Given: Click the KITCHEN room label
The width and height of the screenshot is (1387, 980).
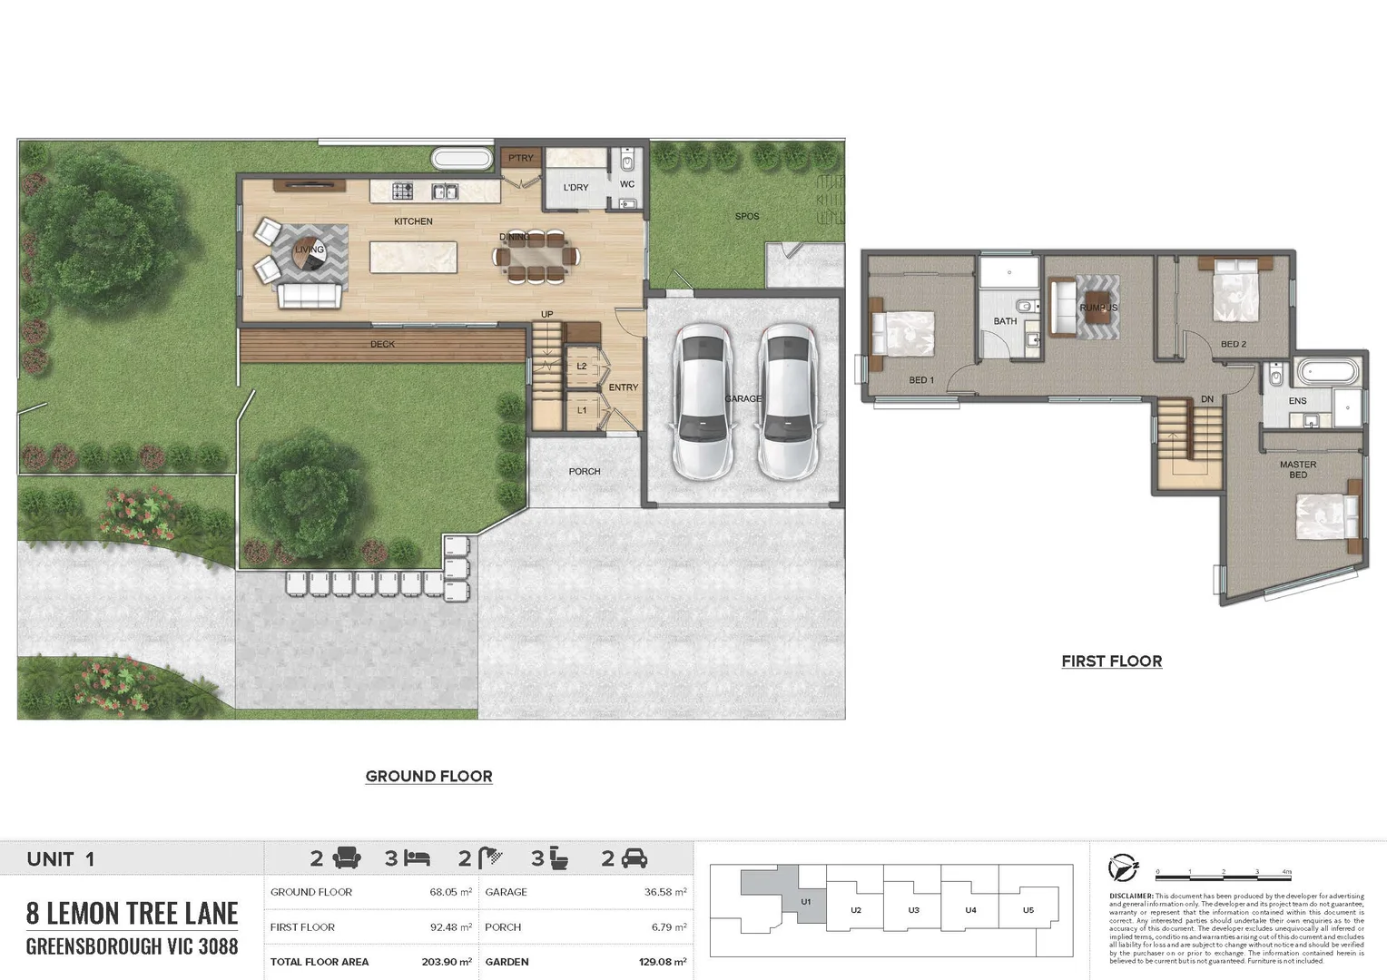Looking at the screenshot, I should coord(413,221).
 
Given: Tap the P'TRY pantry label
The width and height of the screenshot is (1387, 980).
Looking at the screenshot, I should coord(521,158).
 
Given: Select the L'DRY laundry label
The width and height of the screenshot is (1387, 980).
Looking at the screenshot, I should coord(575,188).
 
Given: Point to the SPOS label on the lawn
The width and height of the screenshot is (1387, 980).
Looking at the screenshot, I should coord(747,216).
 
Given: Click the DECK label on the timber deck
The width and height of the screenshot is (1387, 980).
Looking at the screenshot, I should coord(382,345).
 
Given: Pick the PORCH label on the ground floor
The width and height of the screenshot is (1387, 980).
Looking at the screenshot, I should coord(585,472).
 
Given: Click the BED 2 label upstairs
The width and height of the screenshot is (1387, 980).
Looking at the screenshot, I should coord(1233,345).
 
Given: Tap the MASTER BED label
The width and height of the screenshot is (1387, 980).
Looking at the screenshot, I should coord(1298,469).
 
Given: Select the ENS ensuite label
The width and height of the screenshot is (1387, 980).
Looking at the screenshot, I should coord(1297,401).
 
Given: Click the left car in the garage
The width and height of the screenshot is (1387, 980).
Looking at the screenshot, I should coord(702,401).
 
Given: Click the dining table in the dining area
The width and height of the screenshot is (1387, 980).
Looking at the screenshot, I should coord(536,257).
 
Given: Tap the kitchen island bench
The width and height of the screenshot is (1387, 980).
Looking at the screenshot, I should coord(413,257).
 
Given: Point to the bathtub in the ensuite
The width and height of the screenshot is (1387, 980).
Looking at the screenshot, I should coord(1329,372).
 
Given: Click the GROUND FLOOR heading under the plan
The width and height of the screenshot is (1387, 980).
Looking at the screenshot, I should coord(428,777).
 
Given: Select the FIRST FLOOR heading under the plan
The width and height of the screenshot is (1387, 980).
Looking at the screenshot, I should coord(1111,661).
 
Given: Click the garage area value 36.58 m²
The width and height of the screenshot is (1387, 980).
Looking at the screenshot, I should coord(664,892).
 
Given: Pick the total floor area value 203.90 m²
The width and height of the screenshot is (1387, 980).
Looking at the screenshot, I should coord(447,962).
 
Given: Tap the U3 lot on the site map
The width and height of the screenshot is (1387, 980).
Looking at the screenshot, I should coord(913,910).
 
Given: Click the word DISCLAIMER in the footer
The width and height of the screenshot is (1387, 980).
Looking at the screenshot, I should coord(1131,896).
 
